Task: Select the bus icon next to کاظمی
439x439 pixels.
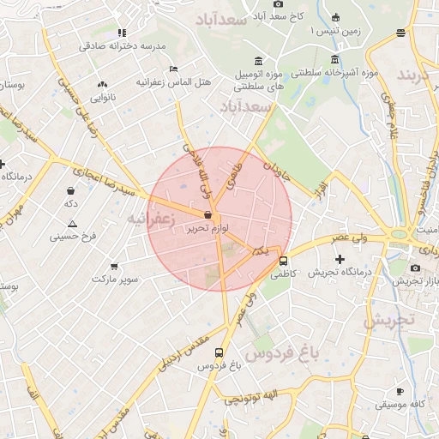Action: point(283,261)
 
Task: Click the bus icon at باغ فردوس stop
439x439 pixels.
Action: point(219,352)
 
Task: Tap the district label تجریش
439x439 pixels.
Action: point(388,321)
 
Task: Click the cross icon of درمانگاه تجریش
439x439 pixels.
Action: point(340,258)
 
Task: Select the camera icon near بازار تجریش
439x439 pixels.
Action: point(416,268)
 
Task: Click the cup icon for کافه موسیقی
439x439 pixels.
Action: point(400,390)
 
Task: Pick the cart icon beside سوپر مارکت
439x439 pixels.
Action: point(114,267)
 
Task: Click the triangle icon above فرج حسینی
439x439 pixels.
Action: point(72,223)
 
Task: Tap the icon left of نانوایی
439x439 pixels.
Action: point(103,84)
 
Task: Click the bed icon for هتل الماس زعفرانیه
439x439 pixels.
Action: point(174,69)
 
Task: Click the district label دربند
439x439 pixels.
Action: point(417,74)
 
